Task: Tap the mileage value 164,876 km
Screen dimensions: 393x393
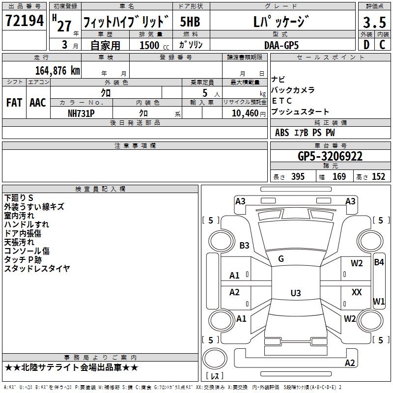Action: tap(57, 70)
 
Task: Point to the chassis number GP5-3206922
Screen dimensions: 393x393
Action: tap(330, 156)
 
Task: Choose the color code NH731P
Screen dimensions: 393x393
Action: tap(81, 113)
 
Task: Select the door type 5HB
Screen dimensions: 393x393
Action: tap(190, 22)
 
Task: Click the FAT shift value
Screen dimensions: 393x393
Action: tap(14, 103)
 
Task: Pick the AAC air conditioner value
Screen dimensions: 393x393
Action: tap(37, 103)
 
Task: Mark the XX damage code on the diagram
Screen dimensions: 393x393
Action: tap(357, 292)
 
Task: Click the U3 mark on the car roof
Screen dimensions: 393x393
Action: tap(295, 293)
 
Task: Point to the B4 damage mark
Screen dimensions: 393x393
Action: tap(379, 262)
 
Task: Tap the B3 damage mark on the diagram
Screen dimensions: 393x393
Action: tap(244, 245)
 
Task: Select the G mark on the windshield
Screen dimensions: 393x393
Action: tap(281, 259)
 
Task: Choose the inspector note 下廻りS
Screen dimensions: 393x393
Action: tap(19, 197)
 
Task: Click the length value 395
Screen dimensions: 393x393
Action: tap(296, 177)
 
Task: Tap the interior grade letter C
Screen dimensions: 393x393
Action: tap(382, 45)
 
